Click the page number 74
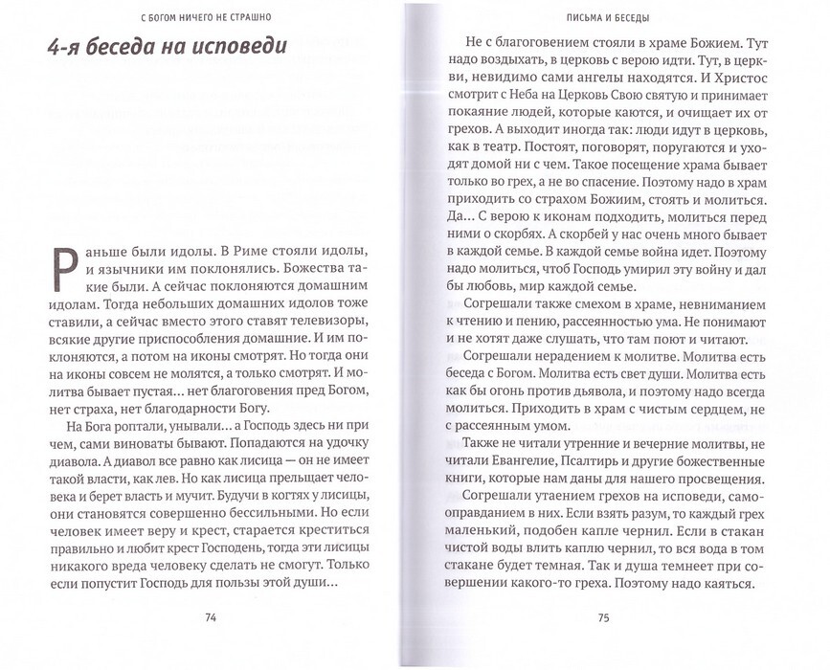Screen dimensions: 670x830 (210, 616)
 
